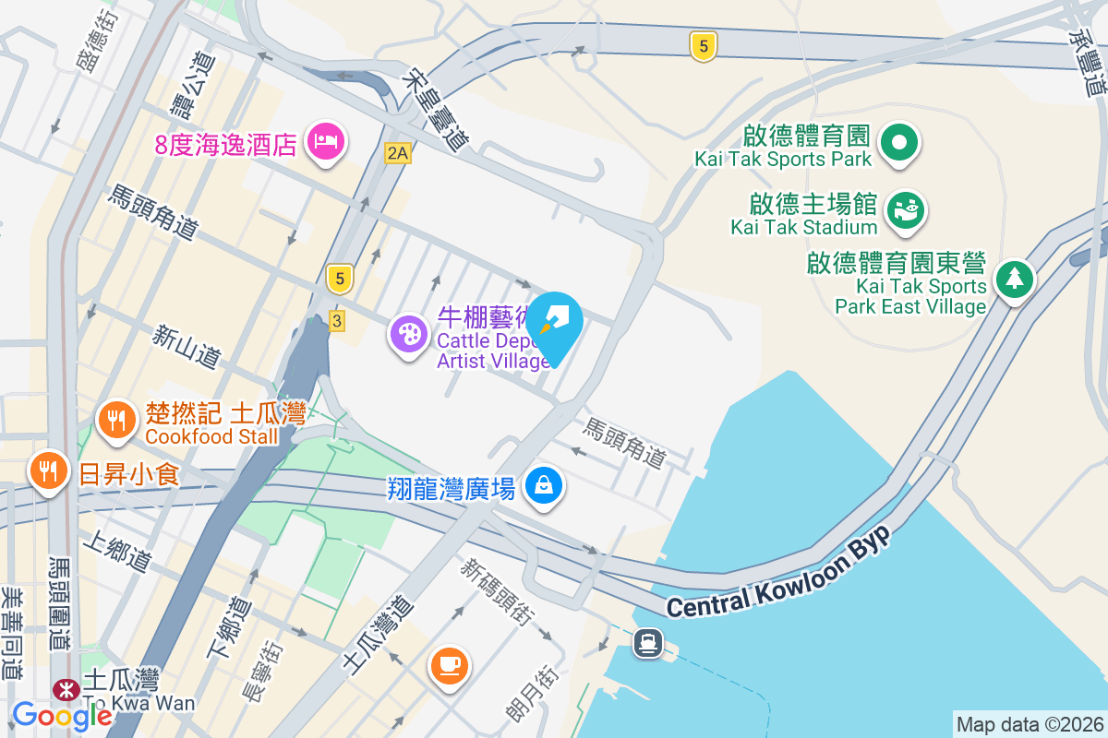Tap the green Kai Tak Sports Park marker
click(x=899, y=144)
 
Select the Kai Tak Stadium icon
click(x=906, y=209)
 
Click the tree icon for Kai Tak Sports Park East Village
click(x=1014, y=277)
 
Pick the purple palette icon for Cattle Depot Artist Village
click(x=407, y=332)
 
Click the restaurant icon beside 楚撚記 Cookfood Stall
click(x=115, y=421)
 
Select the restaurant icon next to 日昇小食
click(x=48, y=471)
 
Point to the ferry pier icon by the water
click(x=648, y=642)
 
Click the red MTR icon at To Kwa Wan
click(x=66, y=688)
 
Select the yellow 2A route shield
click(x=397, y=153)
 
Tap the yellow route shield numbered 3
click(x=336, y=321)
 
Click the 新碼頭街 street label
click(x=497, y=591)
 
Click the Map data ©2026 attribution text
click(x=1029, y=724)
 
